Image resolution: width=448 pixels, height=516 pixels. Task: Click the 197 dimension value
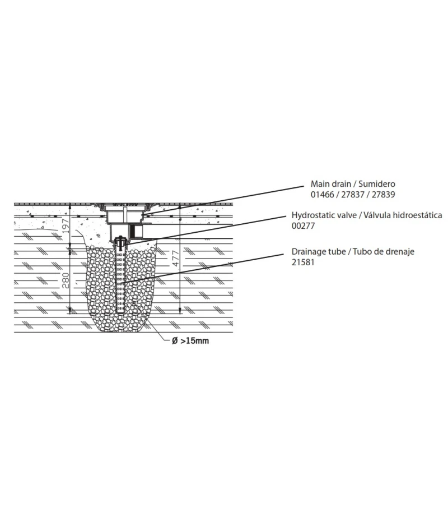[x=66, y=226]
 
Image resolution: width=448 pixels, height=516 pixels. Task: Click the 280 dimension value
[x=66, y=280]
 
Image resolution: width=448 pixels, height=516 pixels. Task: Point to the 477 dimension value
[x=175, y=259]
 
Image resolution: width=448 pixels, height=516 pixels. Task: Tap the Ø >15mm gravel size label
[x=190, y=340]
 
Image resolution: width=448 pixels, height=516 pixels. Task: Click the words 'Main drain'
[x=330, y=183]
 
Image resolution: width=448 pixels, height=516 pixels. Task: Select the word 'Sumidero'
[x=377, y=183]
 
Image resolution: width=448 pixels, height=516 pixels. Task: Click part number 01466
[x=322, y=195]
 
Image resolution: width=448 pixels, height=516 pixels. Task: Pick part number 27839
[x=383, y=195]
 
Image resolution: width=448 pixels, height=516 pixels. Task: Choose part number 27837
[x=353, y=195]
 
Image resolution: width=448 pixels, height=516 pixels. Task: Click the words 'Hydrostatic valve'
[x=324, y=215]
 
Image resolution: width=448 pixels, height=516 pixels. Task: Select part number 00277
[x=303, y=226]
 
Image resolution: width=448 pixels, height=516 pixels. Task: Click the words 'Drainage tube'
[x=319, y=251]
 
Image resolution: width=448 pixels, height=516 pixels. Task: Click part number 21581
[x=303, y=262]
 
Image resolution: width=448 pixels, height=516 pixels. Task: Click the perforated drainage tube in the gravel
[x=122, y=280]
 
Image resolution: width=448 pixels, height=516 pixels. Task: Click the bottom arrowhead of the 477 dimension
[x=180, y=311]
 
